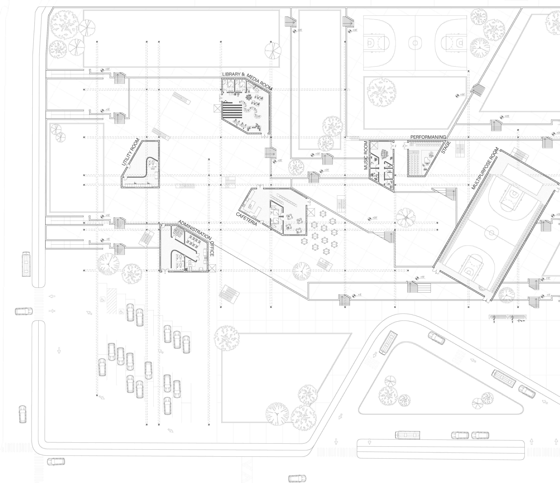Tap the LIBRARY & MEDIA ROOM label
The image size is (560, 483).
247,80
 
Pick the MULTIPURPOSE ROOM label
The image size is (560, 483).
485,168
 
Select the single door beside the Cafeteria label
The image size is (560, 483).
262,223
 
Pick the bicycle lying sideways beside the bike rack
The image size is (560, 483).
520,321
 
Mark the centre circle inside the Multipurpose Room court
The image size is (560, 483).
489,232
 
